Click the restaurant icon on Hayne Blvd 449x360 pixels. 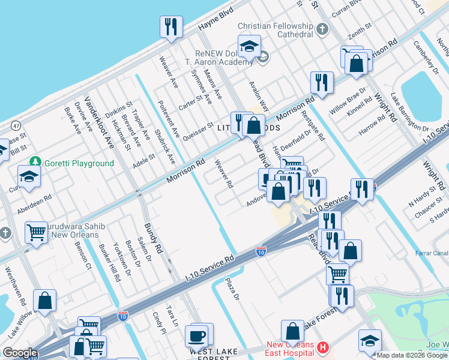click(171, 27)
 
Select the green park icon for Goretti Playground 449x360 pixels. click(36, 163)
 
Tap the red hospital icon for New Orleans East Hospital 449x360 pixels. click(322, 347)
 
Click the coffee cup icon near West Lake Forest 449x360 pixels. click(196, 335)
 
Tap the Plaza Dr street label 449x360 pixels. click(232, 289)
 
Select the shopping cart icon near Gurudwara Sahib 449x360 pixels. click(37, 233)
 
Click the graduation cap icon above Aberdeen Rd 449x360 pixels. click(28, 176)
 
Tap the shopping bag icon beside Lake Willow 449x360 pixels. click(45, 301)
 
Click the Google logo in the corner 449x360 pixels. click(20, 353)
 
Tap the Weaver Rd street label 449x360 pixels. click(223, 175)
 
